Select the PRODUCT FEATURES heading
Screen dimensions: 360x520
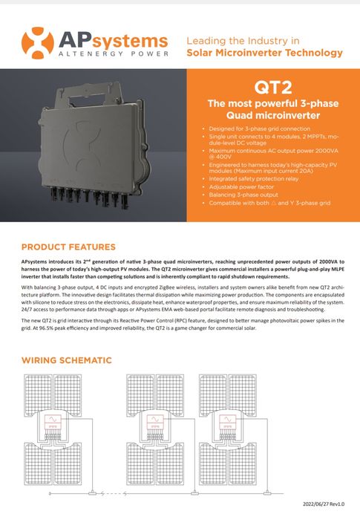coord(68,247)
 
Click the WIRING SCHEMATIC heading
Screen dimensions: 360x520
coord(67,360)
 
